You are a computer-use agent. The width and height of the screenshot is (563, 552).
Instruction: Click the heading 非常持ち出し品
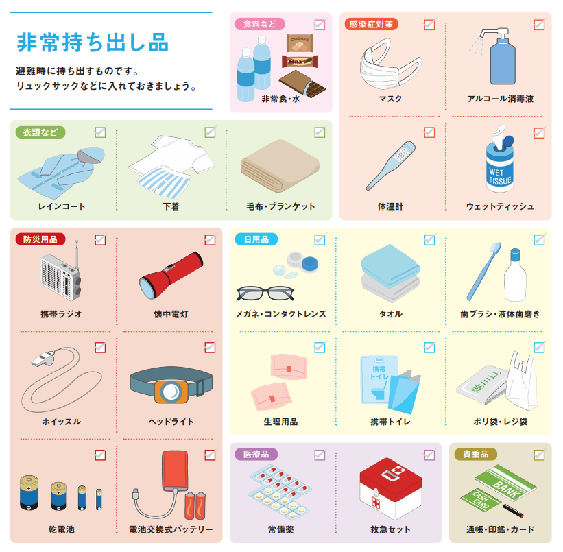click(x=92, y=43)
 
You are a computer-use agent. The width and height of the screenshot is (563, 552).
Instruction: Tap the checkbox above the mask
click(x=429, y=25)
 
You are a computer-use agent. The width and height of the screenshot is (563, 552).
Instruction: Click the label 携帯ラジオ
click(x=61, y=314)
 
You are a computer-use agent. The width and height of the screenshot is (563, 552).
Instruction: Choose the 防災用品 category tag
click(x=40, y=239)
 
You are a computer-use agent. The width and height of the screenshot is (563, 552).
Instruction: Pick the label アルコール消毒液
click(x=500, y=99)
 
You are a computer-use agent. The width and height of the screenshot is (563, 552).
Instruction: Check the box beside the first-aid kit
click(x=429, y=455)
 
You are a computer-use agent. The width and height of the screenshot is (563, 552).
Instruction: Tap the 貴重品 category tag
click(x=475, y=454)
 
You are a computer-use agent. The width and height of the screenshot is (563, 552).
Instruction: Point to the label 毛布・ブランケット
click(x=280, y=206)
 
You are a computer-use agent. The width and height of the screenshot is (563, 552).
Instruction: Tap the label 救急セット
click(x=390, y=529)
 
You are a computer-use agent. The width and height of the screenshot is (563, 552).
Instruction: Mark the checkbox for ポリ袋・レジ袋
click(x=539, y=348)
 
